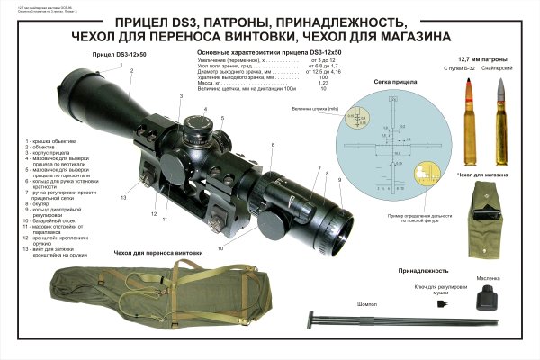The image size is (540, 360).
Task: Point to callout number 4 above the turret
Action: [206, 108]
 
